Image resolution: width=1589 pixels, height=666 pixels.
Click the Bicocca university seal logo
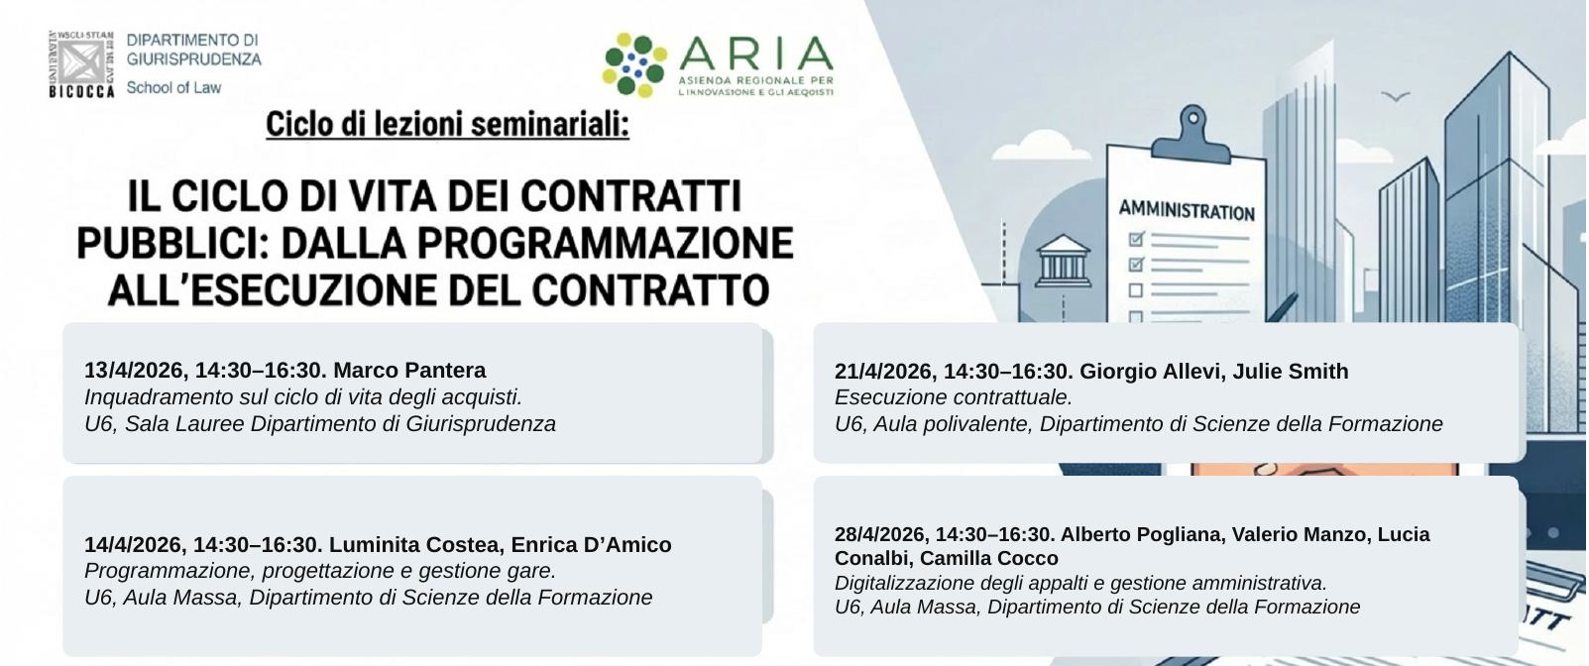pyautogui.click(x=82, y=62)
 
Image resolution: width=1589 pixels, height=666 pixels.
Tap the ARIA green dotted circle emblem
pyautogui.click(x=635, y=65)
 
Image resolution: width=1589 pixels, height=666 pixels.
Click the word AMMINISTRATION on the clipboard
pyautogui.click(x=1187, y=210)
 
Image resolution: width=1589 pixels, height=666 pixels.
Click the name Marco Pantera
pyautogui.click(x=409, y=371)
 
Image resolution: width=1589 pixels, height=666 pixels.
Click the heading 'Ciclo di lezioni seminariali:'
pyautogui.click(x=447, y=125)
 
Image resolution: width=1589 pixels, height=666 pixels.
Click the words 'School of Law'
pyautogui.click(x=173, y=87)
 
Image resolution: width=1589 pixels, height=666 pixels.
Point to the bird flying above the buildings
pyautogui.click(x=1396, y=97)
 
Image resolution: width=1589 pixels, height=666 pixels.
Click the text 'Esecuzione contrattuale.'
pyautogui.click(x=953, y=397)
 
